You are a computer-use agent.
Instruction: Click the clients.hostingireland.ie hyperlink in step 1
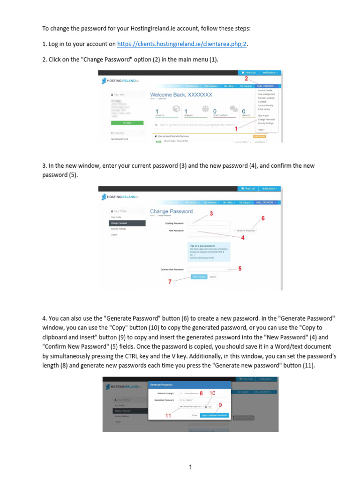point(181,44)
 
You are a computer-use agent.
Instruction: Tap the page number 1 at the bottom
point(191,467)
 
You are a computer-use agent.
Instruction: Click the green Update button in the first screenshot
point(127,123)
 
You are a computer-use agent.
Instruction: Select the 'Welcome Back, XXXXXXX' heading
point(181,95)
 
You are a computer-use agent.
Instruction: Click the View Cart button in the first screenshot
point(248,73)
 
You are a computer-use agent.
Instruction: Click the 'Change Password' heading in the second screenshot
point(171,211)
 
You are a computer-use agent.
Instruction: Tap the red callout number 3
point(211,214)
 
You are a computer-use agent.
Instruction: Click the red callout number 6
point(263,218)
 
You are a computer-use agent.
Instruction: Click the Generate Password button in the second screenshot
point(245,231)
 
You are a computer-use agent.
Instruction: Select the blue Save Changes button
point(199,277)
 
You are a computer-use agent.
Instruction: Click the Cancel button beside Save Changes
point(213,277)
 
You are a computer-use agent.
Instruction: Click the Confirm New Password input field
point(209,269)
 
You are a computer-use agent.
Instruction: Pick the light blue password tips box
point(209,251)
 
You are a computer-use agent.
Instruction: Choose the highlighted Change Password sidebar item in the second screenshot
point(126,223)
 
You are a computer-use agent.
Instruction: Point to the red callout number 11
point(168,415)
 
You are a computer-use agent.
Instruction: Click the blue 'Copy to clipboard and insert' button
point(214,415)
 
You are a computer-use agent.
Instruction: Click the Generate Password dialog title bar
point(189,384)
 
